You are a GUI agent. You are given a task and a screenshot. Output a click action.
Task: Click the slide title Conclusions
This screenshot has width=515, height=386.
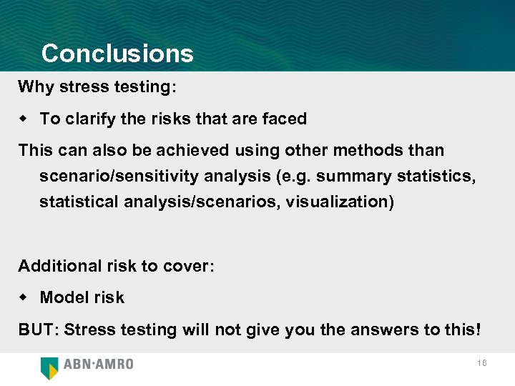click(x=117, y=54)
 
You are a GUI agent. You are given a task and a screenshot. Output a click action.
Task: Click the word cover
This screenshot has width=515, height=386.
click(x=187, y=266)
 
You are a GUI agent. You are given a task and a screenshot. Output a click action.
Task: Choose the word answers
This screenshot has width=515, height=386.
click(x=377, y=330)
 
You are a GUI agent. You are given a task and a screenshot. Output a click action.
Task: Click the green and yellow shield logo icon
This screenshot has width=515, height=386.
click(x=50, y=367)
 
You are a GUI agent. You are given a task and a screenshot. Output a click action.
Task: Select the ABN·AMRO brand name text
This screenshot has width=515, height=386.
click(x=99, y=365)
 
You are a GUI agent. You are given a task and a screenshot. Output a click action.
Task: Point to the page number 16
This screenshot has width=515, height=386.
click(x=482, y=364)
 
